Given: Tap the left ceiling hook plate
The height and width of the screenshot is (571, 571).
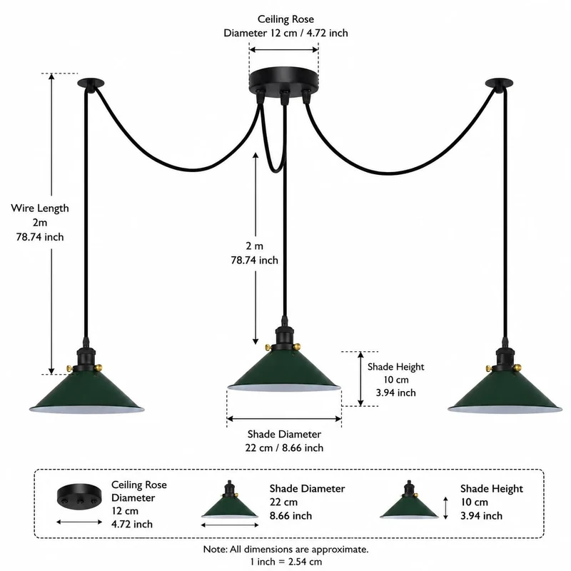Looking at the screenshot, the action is pos(91,83).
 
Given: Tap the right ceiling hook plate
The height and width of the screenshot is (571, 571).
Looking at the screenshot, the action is pos(499,83).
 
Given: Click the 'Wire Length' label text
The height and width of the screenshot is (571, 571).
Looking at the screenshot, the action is pos(40,208).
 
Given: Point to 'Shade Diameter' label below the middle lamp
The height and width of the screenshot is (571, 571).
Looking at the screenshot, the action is pos(284,434).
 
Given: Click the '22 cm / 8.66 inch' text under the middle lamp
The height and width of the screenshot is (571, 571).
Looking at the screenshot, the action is pos(284,448).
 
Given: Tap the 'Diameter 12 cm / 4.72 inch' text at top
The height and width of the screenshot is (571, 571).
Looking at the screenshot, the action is pos(285,33).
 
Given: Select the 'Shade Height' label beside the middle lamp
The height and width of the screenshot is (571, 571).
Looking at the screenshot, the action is pos(396,367).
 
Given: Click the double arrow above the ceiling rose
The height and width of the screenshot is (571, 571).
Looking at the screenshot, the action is pos(283,50).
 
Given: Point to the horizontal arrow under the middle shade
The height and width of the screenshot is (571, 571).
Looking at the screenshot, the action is pos(284,419).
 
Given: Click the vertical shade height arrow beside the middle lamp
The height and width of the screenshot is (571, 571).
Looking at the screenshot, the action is pos(360,379).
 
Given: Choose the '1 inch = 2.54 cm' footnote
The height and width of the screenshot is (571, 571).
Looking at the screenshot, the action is pos(286,562).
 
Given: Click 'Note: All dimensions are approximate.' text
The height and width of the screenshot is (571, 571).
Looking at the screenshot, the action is pos(286,549).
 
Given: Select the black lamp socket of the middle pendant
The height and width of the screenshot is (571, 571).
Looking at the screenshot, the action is pos(283,338).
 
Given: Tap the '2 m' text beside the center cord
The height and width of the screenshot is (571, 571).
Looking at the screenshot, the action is pos(254,246).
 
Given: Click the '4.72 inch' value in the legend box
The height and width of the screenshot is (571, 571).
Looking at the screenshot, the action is pos(132,524).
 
